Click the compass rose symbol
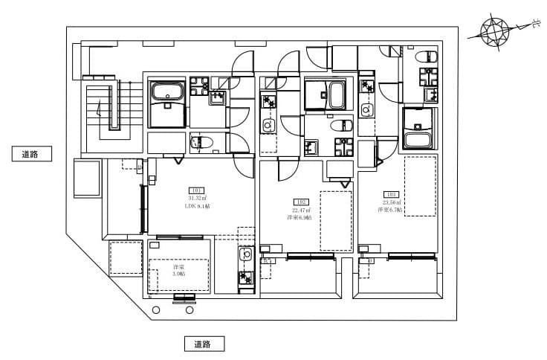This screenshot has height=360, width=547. point(494,32)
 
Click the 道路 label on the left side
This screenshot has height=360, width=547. point(30,154)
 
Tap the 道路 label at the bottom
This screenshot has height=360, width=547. point(203,344)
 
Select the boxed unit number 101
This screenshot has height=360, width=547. point(197,190)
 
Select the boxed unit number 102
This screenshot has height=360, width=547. point(301,202)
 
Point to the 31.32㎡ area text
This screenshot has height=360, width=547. point(197,199)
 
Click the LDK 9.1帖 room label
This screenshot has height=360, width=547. point(198,207)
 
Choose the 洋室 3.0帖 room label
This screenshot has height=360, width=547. point(179,270)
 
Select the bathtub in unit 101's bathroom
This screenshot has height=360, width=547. point(167,93)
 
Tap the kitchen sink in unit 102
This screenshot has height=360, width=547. point(268,125)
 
